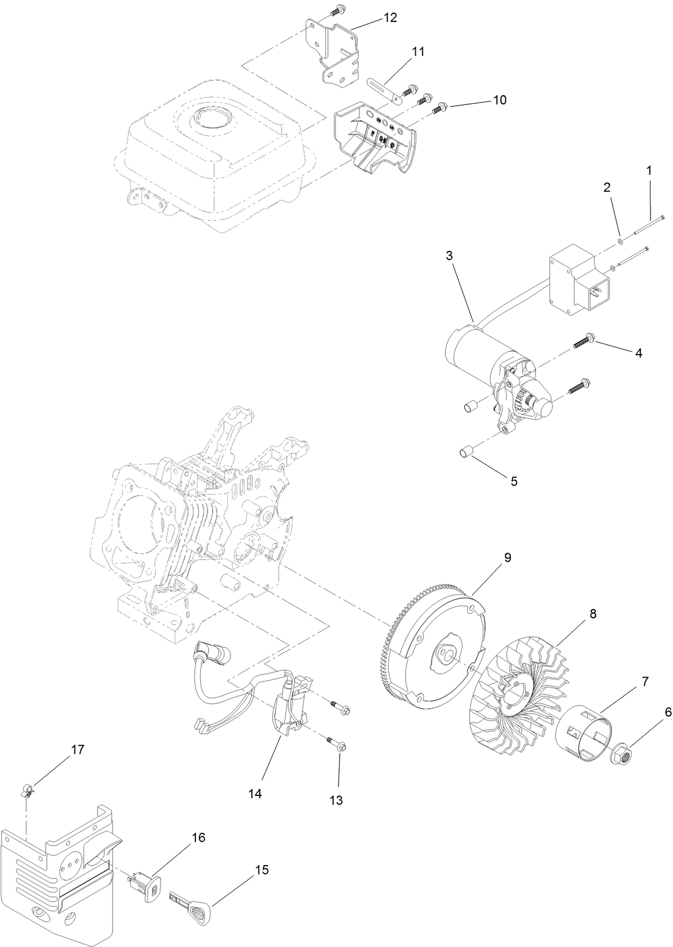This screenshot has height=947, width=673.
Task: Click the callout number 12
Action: (x=390, y=18)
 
